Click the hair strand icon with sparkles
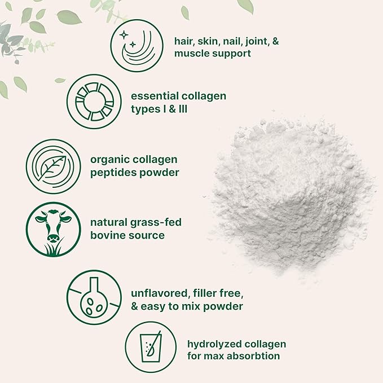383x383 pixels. point(135,41)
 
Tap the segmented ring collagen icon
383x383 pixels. point(91,102)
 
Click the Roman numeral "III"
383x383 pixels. point(181,108)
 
